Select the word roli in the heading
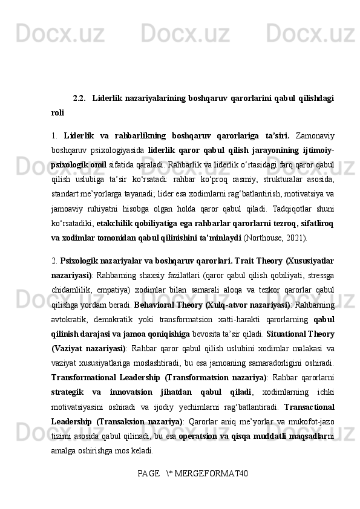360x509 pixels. (58, 112)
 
